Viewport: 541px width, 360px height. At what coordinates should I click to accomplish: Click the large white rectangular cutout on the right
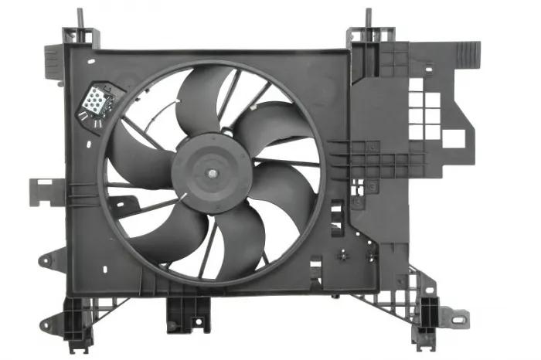(454, 138)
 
